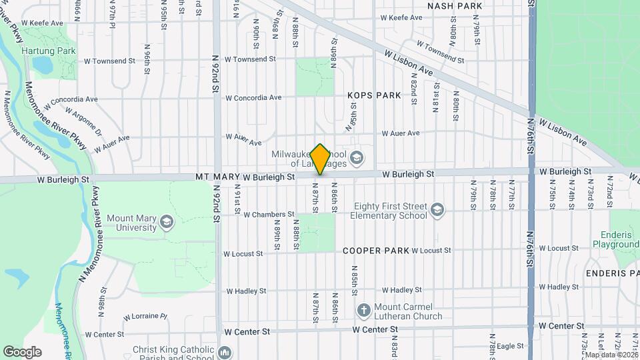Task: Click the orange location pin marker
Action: (x=320, y=159)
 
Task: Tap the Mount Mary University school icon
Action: (x=166, y=222)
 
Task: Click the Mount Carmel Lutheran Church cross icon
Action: (x=363, y=310)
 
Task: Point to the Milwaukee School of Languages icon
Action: (x=357, y=157)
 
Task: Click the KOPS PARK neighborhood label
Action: (x=374, y=95)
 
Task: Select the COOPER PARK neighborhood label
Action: (x=375, y=251)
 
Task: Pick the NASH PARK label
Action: (x=454, y=6)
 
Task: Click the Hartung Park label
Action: (x=48, y=51)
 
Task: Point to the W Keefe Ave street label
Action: (x=42, y=23)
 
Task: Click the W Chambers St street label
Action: (x=269, y=215)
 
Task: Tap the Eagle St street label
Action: (x=510, y=346)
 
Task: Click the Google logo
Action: (x=22, y=351)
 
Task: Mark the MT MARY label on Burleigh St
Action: (x=217, y=177)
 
